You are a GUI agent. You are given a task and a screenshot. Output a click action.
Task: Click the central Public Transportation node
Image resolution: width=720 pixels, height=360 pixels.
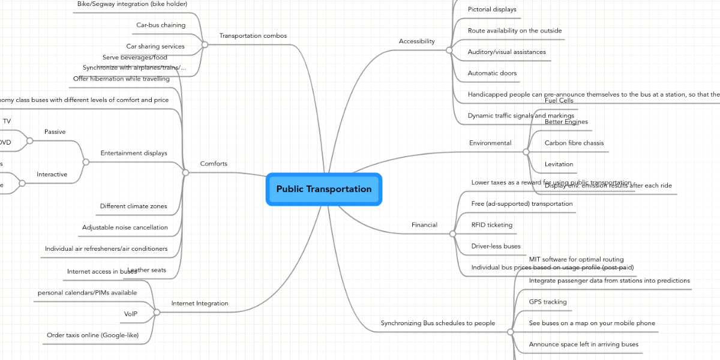pyautogui.click(x=324, y=189)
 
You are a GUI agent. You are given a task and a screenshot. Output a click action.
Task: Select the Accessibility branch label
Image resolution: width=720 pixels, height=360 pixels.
pyautogui.click(x=416, y=41)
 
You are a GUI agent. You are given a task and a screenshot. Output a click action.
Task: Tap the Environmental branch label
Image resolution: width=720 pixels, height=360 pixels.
pyautogui.click(x=490, y=143)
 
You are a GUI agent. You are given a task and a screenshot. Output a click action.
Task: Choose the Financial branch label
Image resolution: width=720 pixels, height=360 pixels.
pyautogui.click(x=424, y=225)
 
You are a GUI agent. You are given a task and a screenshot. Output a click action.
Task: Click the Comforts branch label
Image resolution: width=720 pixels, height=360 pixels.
pyautogui.click(x=214, y=164)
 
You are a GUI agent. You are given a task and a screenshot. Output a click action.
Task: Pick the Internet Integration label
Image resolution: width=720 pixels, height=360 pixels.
pyautogui.click(x=200, y=304)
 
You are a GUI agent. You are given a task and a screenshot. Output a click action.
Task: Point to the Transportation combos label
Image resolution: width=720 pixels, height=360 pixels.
pyautogui.click(x=253, y=36)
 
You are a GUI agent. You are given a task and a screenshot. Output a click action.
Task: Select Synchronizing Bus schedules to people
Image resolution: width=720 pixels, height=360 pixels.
pyautogui.click(x=437, y=323)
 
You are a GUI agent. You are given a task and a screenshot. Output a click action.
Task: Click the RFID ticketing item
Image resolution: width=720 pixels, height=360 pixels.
pyautogui.click(x=492, y=225)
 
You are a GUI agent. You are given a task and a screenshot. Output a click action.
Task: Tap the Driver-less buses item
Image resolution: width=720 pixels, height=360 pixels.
pyautogui.click(x=496, y=246)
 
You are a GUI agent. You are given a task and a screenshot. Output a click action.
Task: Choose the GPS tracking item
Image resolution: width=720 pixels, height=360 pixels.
pyautogui.click(x=548, y=302)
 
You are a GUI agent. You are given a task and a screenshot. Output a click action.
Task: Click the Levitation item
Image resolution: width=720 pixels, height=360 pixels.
pyautogui.click(x=559, y=164)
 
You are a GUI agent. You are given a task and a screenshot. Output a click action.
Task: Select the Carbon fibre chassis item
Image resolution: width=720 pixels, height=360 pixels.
pyautogui.click(x=574, y=143)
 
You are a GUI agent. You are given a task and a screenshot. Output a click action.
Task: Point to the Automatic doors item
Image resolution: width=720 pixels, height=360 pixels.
pyautogui.click(x=492, y=73)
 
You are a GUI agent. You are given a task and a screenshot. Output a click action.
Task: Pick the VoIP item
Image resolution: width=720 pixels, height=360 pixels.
pyautogui.click(x=131, y=314)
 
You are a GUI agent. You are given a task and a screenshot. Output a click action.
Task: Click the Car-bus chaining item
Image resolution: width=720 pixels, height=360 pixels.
pyautogui.click(x=161, y=25)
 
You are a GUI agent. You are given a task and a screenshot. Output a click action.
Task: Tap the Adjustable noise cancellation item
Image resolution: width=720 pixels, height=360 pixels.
pyautogui.click(x=125, y=227)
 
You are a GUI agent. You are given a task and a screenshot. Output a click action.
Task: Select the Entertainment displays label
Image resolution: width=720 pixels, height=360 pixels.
pyautogui.click(x=134, y=154)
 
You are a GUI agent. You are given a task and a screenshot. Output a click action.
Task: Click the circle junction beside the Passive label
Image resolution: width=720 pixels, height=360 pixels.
pyautogui.click(x=29, y=141)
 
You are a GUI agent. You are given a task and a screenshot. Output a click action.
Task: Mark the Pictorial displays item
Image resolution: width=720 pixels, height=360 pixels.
pyautogui.click(x=492, y=10)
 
